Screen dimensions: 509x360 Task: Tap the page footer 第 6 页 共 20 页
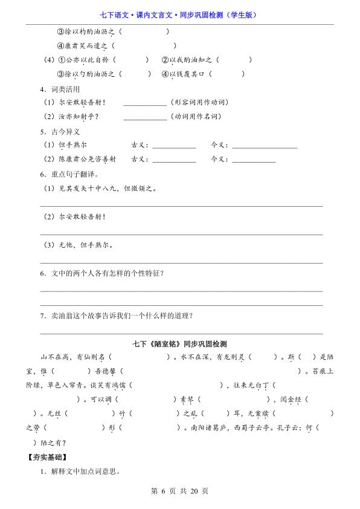[179, 491]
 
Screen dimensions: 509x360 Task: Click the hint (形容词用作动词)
[199, 102]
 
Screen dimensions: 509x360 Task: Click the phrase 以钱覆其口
[188, 74]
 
